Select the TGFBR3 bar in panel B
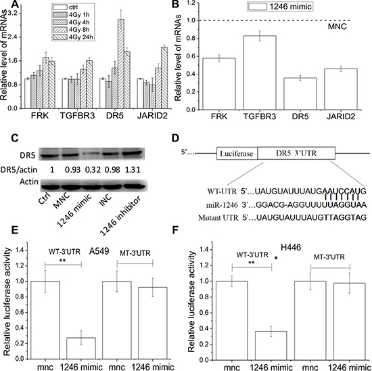click(260, 72)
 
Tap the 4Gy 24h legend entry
click(74, 37)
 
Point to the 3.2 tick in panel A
click(14, 13)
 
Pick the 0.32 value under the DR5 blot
click(93, 169)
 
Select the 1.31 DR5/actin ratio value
click(133, 169)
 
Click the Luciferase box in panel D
click(237, 153)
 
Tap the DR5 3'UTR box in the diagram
click(296, 153)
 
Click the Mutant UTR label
click(218, 217)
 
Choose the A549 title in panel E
click(99, 251)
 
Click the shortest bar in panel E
click(81, 348)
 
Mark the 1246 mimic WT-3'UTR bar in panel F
click(271, 345)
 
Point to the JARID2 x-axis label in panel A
click(152, 116)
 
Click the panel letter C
click(15, 138)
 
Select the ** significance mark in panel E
click(63, 261)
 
